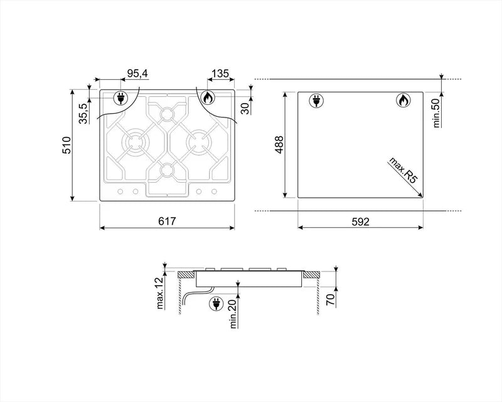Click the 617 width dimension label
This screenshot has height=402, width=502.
167,221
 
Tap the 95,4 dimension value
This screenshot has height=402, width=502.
137,74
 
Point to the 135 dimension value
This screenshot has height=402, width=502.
219,74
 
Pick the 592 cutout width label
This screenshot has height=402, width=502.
359,221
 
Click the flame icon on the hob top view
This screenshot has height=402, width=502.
208,98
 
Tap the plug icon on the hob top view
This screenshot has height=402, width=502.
120,98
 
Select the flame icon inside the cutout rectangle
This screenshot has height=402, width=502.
402,100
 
